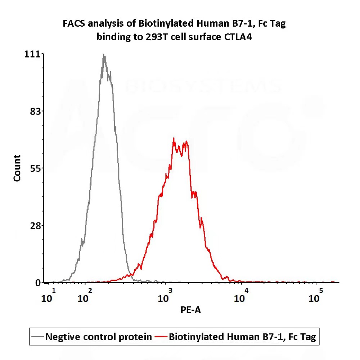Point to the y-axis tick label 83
36,111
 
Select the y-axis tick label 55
36,168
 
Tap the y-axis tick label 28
36,225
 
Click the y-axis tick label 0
39,283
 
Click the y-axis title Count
17,168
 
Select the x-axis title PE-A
191,310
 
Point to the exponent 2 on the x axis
90,291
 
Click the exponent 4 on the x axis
246,291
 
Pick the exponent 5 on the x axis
321,291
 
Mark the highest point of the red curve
174,138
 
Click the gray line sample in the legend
38,337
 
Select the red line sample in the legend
161,337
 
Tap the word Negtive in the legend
62,337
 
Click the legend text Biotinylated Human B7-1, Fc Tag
242,337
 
